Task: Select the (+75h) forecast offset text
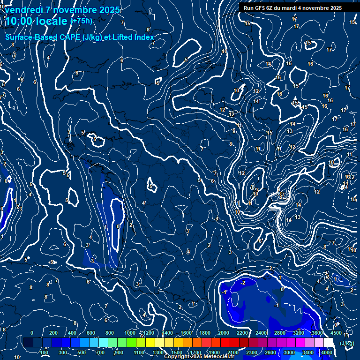point(81,21)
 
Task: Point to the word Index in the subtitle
point(144,37)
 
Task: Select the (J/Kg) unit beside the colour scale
point(347,344)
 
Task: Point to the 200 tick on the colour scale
point(53,333)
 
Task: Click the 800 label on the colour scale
point(110,333)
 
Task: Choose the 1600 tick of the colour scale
point(186,333)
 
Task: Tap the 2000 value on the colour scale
point(224,333)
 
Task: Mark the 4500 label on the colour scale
point(336,333)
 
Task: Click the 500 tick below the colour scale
point(82,352)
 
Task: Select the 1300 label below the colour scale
point(158,352)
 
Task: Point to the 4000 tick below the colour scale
point(327,352)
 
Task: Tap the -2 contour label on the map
point(243,283)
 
